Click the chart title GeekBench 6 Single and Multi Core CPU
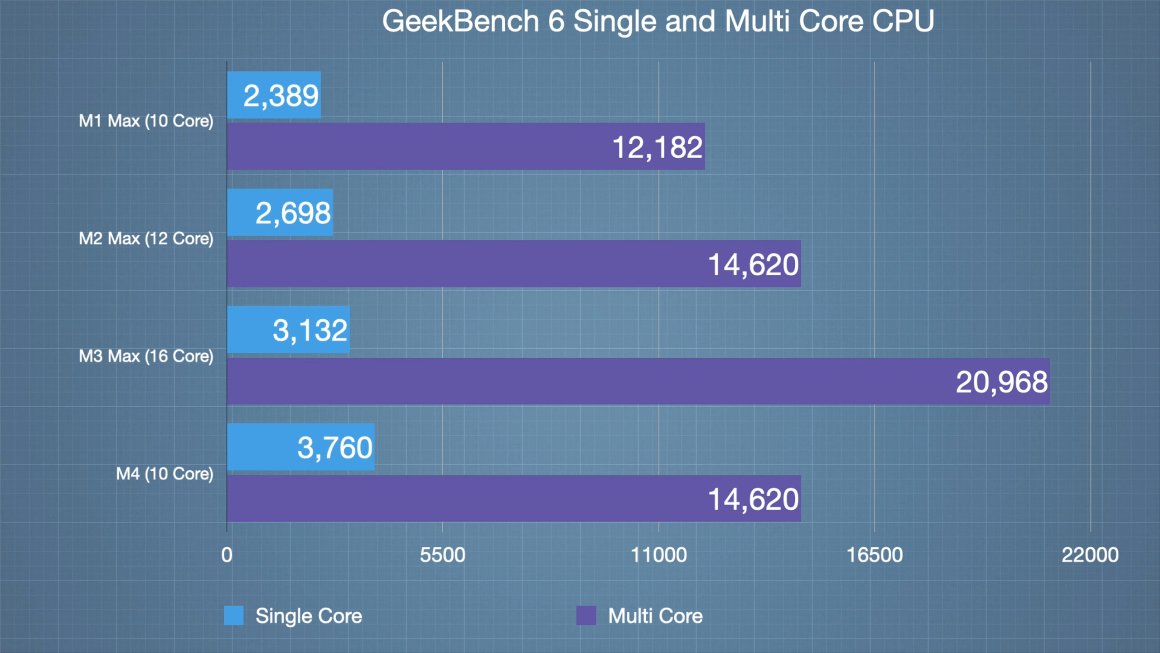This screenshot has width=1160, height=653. tap(658, 21)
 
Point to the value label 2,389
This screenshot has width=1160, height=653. tap(281, 96)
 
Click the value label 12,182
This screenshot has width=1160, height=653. tap(657, 147)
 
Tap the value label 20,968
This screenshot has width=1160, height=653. tap(1001, 382)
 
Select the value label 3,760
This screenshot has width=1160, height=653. tap(335, 448)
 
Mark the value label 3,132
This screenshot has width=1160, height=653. tap(310, 330)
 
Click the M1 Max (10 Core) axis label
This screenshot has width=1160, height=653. tap(146, 121)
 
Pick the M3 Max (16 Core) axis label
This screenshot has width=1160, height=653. tap(146, 356)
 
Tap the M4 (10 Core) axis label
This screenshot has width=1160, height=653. tap(164, 474)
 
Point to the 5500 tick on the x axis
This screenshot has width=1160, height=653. tap(442, 555)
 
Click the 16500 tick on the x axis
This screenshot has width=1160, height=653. tap(875, 555)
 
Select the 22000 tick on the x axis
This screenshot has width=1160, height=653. tap(1090, 555)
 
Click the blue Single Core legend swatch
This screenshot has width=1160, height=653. tap(234, 615)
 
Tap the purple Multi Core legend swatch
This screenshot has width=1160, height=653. tap(586, 615)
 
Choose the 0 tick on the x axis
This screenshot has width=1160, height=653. tap(227, 555)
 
